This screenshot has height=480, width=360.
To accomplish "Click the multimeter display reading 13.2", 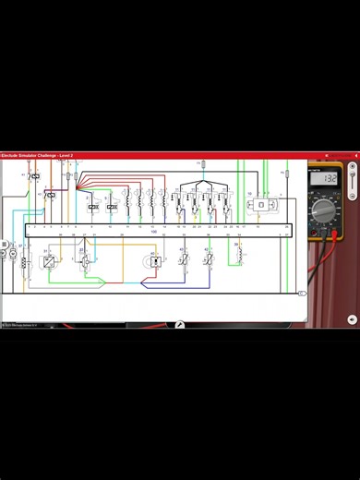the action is [328, 177].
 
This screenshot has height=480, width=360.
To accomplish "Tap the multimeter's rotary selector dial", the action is [324, 210].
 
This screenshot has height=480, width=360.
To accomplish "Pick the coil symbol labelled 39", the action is [239, 256].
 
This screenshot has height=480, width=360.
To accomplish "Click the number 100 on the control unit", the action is [154, 232].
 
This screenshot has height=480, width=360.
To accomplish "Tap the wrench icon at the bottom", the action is [180, 324].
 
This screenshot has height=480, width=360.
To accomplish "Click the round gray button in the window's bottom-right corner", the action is [353, 319].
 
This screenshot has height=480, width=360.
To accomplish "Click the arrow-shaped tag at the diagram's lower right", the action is [301, 293].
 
